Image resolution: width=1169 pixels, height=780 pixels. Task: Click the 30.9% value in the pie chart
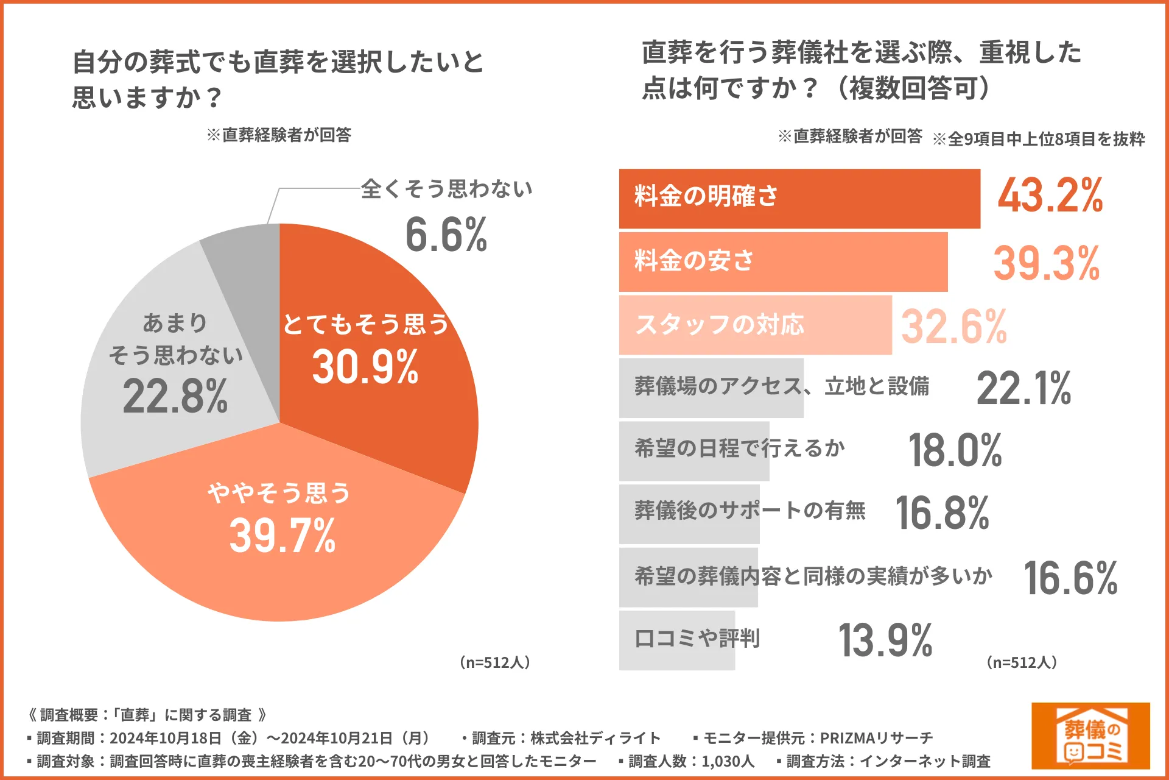pyautogui.click(x=365, y=367)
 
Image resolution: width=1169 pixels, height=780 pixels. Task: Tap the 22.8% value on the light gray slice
pyautogui.click(x=175, y=396)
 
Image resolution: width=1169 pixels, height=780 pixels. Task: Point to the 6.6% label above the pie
pyautogui.click(x=446, y=235)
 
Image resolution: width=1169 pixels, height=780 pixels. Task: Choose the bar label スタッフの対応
pyautogui.click(x=720, y=325)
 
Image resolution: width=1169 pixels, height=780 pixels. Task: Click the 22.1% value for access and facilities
pyautogui.click(x=1023, y=389)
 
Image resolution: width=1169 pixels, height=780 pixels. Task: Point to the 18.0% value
pyautogui.click(x=955, y=451)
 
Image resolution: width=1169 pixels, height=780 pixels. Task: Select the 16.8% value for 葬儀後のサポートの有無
pyautogui.click(x=942, y=514)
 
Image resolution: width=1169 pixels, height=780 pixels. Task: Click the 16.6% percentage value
pyautogui.click(x=1070, y=578)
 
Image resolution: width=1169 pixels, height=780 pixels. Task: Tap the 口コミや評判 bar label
pyautogui.click(x=697, y=639)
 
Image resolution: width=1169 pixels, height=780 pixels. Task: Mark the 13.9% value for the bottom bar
pyautogui.click(x=885, y=641)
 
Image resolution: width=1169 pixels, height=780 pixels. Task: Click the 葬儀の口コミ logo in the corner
pyautogui.click(x=1090, y=736)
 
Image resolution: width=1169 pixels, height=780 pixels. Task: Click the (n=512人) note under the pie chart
pyautogui.click(x=494, y=662)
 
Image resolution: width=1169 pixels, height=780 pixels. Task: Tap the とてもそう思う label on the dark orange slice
pyautogui.click(x=365, y=324)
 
